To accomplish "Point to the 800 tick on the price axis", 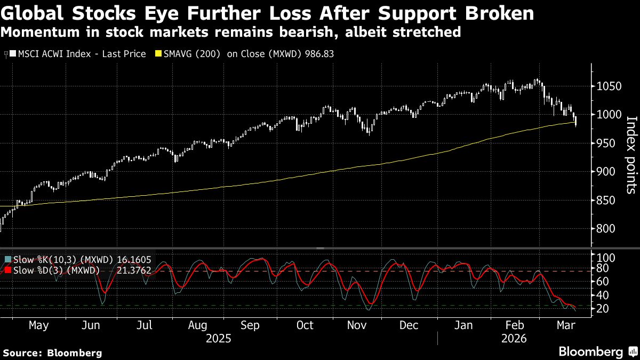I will pyautogui.click(x=605, y=244).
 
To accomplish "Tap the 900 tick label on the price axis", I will pyautogui.click(x=605, y=171).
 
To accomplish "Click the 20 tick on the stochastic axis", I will pyautogui.click(x=603, y=309).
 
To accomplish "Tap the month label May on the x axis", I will pyautogui.click(x=39, y=325).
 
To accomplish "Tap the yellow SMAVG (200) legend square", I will pyautogui.click(x=157, y=54).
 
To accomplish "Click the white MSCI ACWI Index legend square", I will pyautogui.click(x=12, y=54).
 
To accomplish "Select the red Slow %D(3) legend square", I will pyautogui.click(x=7, y=270).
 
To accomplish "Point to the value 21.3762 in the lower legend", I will pyautogui.click(x=133, y=270).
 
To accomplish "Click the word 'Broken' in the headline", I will pyautogui.click(x=495, y=13).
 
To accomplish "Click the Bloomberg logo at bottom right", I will pyautogui.click(x=590, y=351).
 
